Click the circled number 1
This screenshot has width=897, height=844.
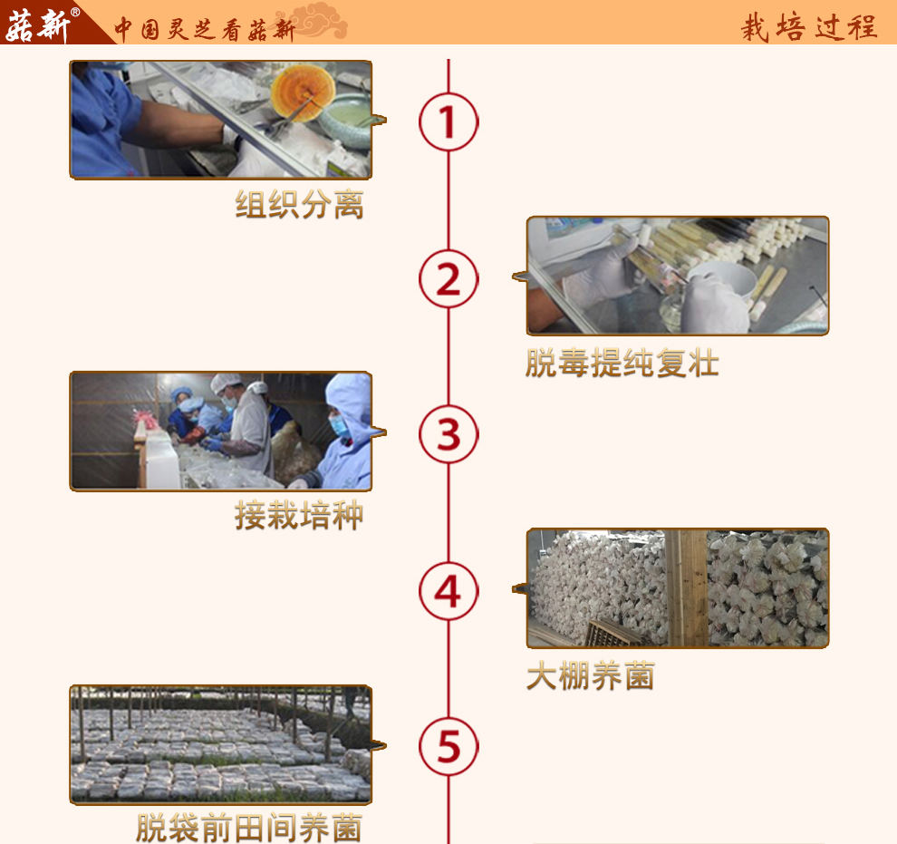pyautogui.click(x=448, y=121)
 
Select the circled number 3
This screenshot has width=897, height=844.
pyautogui.click(x=448, y=434)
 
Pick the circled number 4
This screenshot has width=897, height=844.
pyautogui.click(x=448, y=591)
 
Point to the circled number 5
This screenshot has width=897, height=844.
pyautogui.click(x=448, y=747)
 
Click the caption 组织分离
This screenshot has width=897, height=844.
pyautogui.click(x=299, y=205)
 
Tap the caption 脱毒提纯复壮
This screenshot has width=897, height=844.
pyautogui.click(x=622, y=363)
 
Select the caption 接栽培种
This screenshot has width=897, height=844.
pyautogui.click(x=299, y=517)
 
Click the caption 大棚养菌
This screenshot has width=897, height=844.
pyautogui.click(x=590, y=676)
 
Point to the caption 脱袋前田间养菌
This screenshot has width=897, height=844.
pyautogui.click(x=249, y=828)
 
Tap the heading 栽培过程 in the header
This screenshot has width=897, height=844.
pyautogui.click(x=809, y=26)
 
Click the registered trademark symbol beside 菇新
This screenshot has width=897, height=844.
pyautogui.click(x=75, y=12)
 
